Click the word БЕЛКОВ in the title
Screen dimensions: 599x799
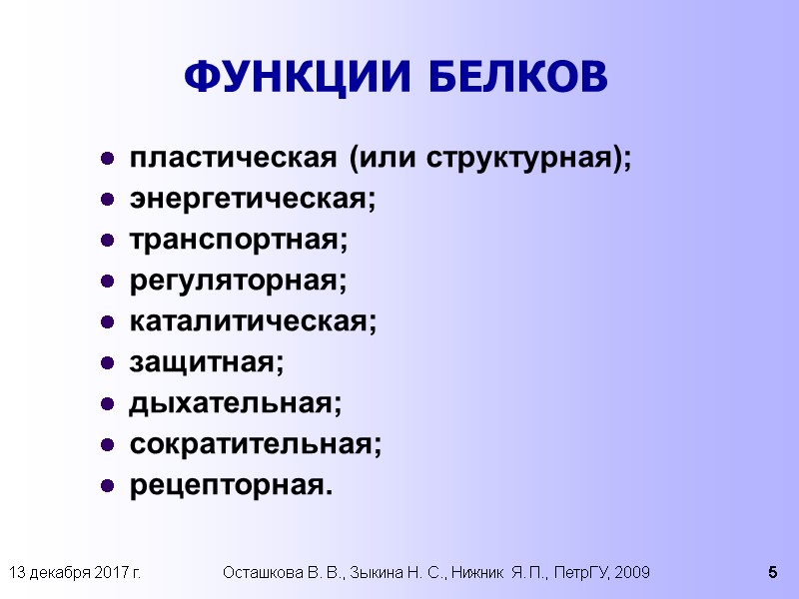(520, 77)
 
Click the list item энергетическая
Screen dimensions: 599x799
(253, 200)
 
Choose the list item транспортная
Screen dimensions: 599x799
(240, 241)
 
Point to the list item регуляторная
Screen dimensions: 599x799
(239, 283)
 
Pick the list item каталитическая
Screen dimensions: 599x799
(254, 322)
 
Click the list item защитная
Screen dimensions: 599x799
(207, 364)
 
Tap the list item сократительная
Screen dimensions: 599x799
(256, 445)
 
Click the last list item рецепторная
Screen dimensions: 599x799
(229, 487)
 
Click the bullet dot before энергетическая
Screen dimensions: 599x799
(107, 202)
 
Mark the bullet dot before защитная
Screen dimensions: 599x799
(107, 365)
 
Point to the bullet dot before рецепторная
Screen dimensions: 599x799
(107, 488)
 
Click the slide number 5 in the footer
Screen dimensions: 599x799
(772, 573)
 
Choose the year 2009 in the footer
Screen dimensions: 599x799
(633, 573)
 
